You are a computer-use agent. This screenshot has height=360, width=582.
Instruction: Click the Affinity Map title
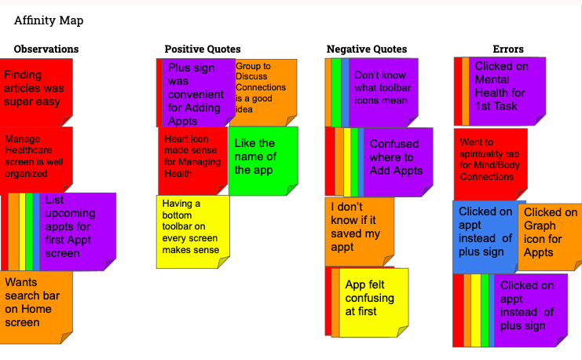49,20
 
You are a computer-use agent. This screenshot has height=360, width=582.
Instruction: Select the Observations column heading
46,50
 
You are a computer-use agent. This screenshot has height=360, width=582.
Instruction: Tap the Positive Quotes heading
203,50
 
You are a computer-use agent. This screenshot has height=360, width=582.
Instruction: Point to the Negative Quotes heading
367,50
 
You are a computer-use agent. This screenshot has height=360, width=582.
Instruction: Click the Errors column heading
508,50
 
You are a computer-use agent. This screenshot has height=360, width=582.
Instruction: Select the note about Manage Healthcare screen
36,157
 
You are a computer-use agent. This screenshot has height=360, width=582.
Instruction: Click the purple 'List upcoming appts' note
77,228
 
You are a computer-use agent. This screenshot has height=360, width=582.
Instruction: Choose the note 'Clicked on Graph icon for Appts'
549,236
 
